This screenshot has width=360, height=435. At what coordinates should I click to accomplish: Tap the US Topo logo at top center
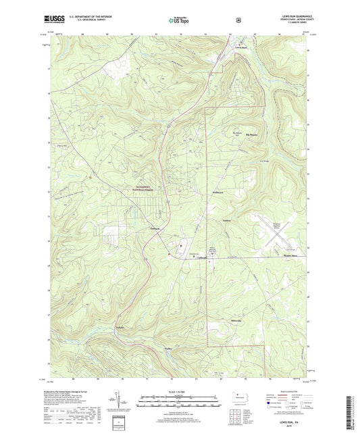pyautogui.click(x=179, y=20)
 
